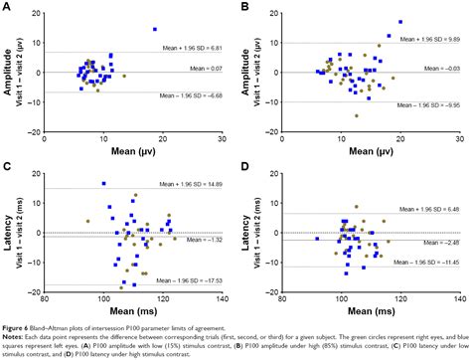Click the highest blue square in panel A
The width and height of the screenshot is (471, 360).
point(154,29)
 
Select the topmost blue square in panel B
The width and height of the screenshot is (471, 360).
point(400,21)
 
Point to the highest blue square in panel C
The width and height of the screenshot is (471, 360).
point(103,183)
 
